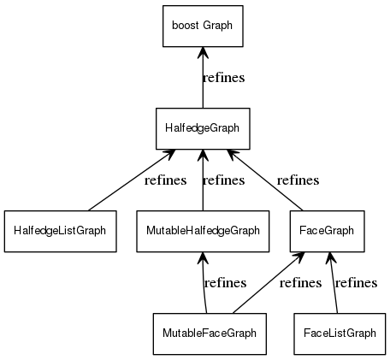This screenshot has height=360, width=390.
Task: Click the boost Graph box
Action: [202, 26]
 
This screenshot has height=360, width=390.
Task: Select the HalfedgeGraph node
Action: [202, 127]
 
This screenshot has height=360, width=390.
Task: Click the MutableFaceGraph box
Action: [209, 333]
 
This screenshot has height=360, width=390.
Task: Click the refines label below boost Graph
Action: [223, 78]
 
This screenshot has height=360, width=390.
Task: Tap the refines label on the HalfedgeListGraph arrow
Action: [166, 180]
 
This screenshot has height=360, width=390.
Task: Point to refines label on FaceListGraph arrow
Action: [356, 283]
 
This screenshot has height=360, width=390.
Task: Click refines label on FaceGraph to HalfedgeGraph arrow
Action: [298, 180]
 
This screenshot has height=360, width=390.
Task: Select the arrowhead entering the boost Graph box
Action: [202, 53]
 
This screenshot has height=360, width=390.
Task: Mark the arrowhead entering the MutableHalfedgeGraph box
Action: [203, 257]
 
